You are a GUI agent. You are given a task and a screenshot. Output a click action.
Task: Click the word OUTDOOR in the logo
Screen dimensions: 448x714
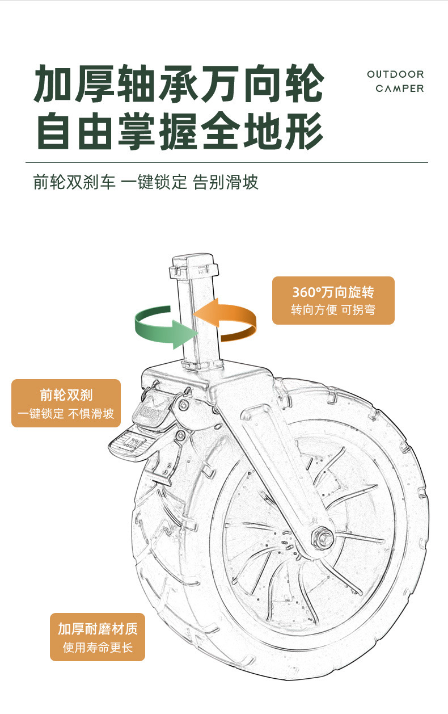point(395,74)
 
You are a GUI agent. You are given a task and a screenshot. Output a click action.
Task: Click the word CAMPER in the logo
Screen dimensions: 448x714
point(400,89)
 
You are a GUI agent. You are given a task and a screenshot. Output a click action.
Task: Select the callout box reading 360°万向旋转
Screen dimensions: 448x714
point(333,300)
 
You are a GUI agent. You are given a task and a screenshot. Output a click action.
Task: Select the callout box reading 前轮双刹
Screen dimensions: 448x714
point(66,403)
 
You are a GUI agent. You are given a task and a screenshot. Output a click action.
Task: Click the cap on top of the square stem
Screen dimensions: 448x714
point(194,266)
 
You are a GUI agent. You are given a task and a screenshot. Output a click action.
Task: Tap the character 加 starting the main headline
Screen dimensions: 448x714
point(53,83)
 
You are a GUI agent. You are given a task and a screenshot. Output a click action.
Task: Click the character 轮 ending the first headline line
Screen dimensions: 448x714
point(305,83)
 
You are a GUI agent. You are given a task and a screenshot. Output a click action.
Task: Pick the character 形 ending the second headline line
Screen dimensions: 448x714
point(305,131)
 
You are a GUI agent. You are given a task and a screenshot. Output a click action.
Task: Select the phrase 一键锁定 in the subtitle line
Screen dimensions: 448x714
point(154,182)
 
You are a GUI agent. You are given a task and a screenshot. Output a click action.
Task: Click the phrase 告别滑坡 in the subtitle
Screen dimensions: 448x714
point(226,182)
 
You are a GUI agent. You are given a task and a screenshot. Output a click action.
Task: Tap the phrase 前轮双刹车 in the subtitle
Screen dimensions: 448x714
point(74,182)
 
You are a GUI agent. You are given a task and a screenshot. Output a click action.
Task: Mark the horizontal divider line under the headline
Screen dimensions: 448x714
point(227,162)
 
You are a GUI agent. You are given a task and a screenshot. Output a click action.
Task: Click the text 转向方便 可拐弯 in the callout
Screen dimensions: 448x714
point(333,310)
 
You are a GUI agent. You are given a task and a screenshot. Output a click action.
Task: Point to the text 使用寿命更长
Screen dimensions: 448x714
point(98,648)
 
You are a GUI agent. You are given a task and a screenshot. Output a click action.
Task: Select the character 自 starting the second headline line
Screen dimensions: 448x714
point(53,131)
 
